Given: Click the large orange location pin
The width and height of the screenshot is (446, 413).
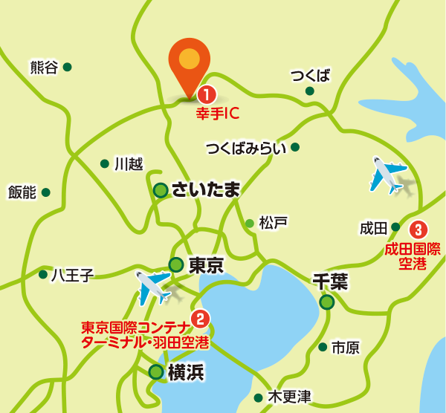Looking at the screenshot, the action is [x=190, y=64].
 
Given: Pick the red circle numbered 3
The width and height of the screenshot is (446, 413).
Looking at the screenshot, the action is [x=419, y=228].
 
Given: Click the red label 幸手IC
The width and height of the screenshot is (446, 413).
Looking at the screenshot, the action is [x=216, y=115].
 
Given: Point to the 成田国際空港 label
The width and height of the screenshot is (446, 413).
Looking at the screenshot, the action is [x=413, y=256].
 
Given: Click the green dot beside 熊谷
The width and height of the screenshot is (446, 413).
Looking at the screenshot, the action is [x=68, y=67].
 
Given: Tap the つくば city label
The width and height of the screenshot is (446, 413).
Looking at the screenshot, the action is [x=310, y=75].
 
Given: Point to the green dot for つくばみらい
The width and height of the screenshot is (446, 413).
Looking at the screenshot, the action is [x=295, y=147].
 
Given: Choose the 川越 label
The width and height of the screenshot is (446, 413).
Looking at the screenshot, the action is [x=129, y=164].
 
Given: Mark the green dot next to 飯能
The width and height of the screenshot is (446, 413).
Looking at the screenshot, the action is [x=46, y=192].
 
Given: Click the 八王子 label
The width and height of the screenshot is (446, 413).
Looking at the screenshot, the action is [x=72, y=276].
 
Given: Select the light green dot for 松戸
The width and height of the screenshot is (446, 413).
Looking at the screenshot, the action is [x=250, y=223].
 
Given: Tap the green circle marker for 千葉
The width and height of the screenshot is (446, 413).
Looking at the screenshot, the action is [x=327, y=302].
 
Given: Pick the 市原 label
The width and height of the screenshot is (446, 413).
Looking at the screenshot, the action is [x=346, y=347].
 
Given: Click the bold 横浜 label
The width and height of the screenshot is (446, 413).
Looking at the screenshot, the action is [x=186, y=372].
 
